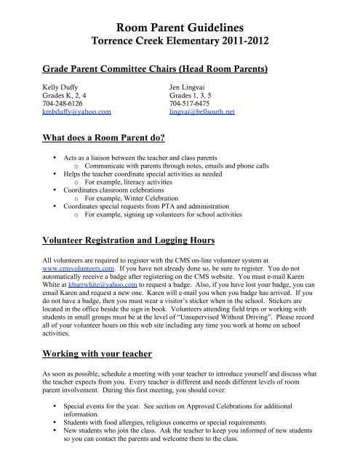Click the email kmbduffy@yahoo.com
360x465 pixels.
click(x=76, y=113)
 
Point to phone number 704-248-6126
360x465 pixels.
click(x=63, y=104)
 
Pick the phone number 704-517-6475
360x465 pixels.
click(x=190, y=104)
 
